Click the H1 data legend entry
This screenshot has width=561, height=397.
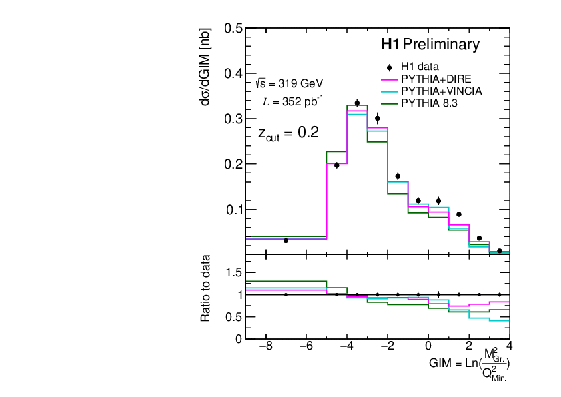[x=416, y=67]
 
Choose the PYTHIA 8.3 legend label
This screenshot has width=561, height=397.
[x=430, y=103]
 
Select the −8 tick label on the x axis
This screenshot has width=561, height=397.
[x=266, y=346]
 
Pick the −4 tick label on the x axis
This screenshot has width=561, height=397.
[x=347, y=346]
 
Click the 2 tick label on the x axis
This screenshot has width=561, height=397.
[x=469, y=346]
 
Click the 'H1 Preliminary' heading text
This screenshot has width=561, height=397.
[x=430, y=45]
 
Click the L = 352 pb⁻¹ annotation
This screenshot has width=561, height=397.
[x=293, y=102]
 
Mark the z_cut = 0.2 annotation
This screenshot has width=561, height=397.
[x=288, y=133]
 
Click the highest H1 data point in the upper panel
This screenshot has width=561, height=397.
[x=357, y=103]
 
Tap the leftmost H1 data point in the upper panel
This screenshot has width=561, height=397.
[x=286, y=240]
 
